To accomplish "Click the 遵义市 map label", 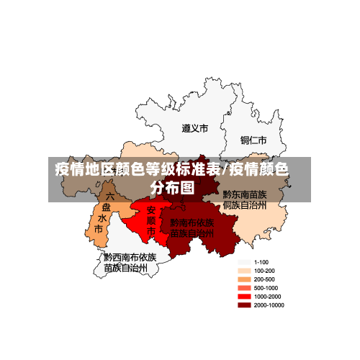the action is [x=194, y=129].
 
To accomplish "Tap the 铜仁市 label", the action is [x=253, y=140].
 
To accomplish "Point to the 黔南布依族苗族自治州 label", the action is [x=192, y=228].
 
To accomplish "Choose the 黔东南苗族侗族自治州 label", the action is [x=245, y=199].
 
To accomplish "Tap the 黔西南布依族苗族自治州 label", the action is [x=130, y=262].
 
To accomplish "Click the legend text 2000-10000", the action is [x=269, y=305].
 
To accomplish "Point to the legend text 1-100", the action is [x=261, y=262].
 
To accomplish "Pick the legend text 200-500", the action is [x=264, y=279].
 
